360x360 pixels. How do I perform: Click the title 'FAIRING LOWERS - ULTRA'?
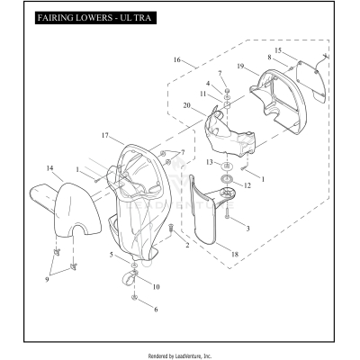tap(94, 18)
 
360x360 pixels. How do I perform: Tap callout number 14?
tap(49, 168)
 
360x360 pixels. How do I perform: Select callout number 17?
tap(104, 136)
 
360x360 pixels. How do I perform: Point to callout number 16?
tap(177, 60)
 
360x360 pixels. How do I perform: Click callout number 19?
tap(240, 67)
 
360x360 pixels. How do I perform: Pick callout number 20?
tap(187, 105)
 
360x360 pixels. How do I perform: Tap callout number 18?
tap(235, 255)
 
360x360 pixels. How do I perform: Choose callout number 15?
tap(278, 50)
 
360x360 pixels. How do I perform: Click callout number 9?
tap(47, 280)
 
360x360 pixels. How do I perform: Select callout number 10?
tap(156, 287)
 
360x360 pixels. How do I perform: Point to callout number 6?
tap(156, 310)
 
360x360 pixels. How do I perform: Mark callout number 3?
tap(247, 229)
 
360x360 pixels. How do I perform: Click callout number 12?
tap(247, 185)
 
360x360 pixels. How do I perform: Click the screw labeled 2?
tap(172, 228)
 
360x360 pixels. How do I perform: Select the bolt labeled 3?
tap(228, 212)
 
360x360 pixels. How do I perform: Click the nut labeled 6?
tap(134, 298)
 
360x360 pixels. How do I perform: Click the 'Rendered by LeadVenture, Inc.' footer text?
tap(180, 356)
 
